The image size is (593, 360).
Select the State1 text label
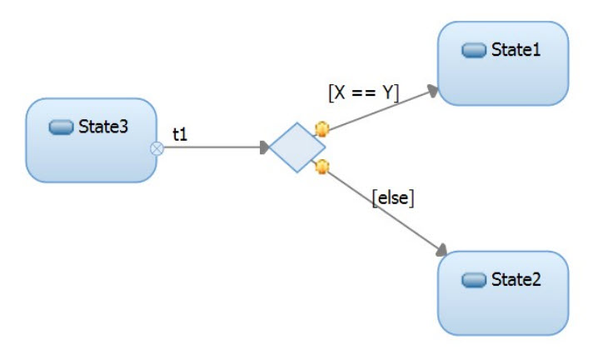point(516,50)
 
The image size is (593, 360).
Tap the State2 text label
point(516,279)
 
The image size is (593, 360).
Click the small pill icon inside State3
point(62,127)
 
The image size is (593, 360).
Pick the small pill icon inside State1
point(474,51)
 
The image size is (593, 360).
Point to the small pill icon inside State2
point(474,280)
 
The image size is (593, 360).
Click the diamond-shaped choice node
point(296,147)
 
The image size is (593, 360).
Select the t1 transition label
point(180,133)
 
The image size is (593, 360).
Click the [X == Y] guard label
point(364,93)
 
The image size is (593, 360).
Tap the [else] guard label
point(393,198)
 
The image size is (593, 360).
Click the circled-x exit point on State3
point(156,148)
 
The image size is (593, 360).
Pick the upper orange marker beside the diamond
point(321,129)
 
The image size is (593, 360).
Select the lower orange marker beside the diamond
point(321,167)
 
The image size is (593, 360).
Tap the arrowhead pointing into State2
point(441,250)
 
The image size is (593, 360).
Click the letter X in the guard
point(340,93)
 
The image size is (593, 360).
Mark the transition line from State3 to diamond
point(212,148)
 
